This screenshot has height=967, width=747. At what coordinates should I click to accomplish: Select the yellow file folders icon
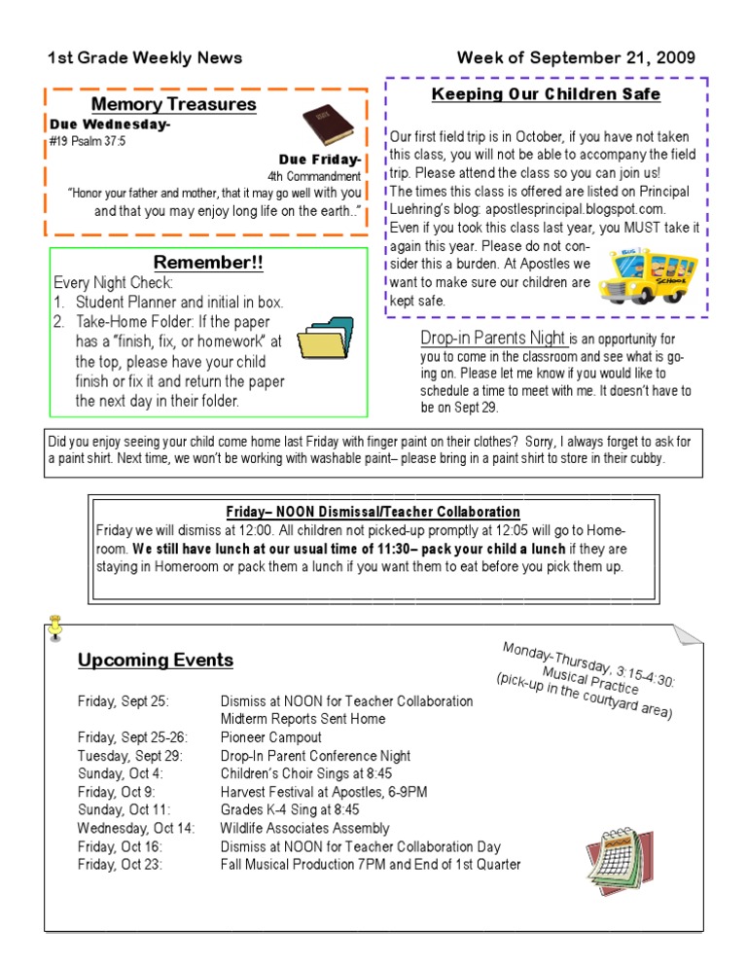[326, 338]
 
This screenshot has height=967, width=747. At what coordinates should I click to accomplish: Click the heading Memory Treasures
[173, 104]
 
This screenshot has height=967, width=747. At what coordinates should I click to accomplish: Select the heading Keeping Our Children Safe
[546, 94]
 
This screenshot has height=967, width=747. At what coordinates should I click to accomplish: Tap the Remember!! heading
[208, 264]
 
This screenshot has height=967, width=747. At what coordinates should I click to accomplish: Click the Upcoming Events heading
[156, 661]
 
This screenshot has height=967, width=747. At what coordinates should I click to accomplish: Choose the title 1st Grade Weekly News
[145, 58]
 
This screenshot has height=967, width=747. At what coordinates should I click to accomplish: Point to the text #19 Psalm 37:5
[87, 141]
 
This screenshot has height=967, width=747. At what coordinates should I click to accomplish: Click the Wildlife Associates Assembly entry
[304, 829]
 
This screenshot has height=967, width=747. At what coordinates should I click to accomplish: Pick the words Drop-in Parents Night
[493, 339]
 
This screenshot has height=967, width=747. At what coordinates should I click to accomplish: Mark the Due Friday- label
[320, 160]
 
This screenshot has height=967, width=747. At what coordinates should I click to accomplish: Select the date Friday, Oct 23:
[121, 865]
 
